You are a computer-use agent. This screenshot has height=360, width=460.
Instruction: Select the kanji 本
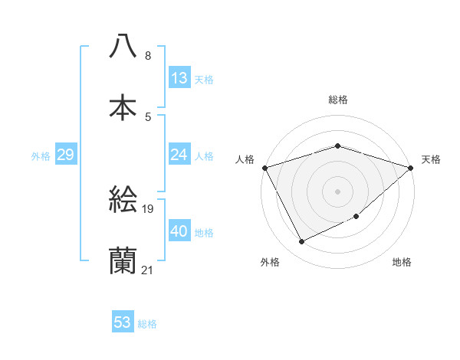tap(123, 106)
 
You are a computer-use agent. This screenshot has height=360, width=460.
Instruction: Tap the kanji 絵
tap(123, 201)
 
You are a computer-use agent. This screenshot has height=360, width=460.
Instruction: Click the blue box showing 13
tap(179, 78)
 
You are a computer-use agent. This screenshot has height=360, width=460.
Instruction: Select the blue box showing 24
tap(179, 155)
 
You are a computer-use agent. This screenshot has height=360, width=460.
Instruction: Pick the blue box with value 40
tap(179, 231)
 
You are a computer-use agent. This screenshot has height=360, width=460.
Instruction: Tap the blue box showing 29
tap(66, 155)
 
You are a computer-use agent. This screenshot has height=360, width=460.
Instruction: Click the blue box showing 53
tap(123, 322)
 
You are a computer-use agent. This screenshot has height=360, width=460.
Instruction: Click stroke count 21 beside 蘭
tap(148, 270)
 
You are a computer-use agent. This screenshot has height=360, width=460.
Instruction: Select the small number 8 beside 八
tap(148, 55)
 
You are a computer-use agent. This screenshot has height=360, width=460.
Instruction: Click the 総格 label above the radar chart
tap(338, 100)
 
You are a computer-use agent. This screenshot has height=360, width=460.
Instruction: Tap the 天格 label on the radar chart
tap(432, 159)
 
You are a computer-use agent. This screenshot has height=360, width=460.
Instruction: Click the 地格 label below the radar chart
tap(402, 263)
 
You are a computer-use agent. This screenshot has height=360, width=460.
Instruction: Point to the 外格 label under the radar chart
tap(270, 263)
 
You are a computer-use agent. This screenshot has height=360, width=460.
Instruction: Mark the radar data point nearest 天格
tap(412, 168)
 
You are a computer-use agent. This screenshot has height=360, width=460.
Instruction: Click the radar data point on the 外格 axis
tap(301, 242)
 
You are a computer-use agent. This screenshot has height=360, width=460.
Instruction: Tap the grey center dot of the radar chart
tap(338, 191)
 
